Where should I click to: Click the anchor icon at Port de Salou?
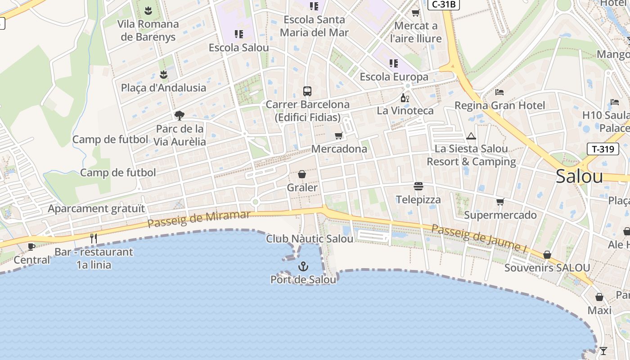pos(303,266)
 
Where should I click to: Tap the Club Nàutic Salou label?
pos(310,239)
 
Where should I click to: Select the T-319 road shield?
pos(603,149)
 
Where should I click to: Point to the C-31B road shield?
pos(443,4)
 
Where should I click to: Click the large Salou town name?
pos(579,176)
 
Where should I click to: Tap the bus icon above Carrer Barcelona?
pos(307,91)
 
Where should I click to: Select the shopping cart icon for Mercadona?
pos(339,136)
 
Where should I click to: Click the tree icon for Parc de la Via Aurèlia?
pos(179,116)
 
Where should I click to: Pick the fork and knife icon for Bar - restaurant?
pos(94,238)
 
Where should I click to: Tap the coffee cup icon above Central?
pos(31,247)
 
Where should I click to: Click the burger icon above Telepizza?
pos(418,186)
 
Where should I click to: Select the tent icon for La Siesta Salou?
pos(471,136)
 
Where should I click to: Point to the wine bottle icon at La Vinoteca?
pos(405,98)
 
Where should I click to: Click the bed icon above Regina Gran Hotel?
pos(499,92)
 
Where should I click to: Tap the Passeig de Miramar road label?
pos(198,219)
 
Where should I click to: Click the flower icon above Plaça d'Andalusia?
pos(163,75)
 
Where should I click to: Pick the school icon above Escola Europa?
pos(394,63)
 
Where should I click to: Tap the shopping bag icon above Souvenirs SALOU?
pos(547,255)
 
